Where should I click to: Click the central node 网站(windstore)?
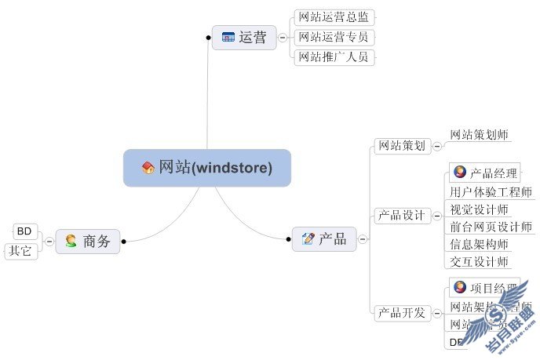(207, 167)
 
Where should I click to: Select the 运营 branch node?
(244, 37)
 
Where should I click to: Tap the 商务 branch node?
(88, 241)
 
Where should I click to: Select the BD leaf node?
(24, 231)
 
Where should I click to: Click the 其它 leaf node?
(21, 251)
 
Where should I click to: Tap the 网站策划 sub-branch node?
(401, 145)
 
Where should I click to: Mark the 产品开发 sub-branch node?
(401, 313)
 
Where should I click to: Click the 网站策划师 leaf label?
(479, 135)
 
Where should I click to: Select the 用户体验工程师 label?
(491, 191)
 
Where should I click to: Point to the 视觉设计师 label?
(479, 209)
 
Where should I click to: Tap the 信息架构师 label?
(479, 244)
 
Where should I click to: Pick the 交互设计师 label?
(479, 261)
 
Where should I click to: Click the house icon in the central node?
(148, 167)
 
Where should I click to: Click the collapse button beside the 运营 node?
(282, 37)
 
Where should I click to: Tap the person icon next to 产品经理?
(460, 173)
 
